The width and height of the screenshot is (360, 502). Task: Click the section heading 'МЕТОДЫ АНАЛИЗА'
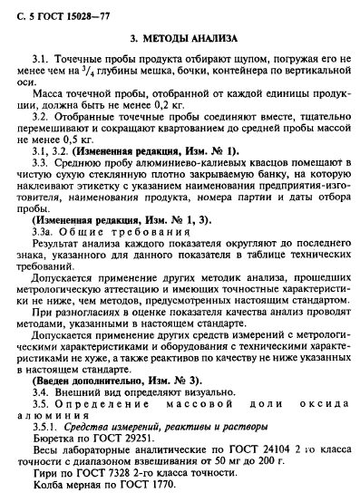[x=190, y=40]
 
